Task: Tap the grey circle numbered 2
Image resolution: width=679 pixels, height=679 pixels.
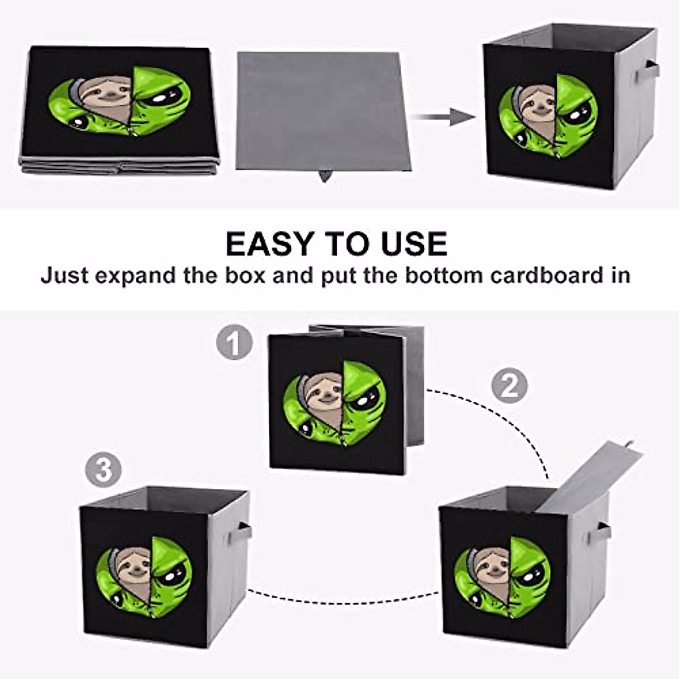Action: point(509,386)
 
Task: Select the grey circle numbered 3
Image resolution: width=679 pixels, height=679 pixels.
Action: point(104,470)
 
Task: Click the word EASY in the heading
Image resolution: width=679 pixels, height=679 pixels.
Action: point(269,244)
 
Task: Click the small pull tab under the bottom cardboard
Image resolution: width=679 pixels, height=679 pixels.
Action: point(325,176)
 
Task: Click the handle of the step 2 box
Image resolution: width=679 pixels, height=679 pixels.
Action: point(603,532)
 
